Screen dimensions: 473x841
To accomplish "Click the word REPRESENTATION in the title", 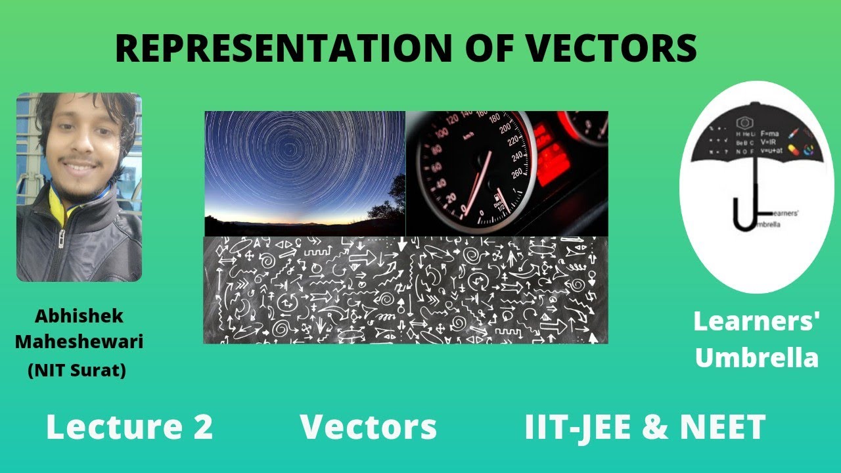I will [283, 49].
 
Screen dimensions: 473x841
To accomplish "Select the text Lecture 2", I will [129, 427].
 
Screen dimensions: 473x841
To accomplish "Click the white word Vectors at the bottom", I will [368, 427].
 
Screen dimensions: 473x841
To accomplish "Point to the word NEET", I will [722, 427].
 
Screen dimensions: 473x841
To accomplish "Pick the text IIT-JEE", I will [578, 427].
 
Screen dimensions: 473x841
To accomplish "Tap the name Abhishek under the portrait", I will [79, 317].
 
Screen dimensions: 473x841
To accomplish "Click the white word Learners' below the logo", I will [756, 322].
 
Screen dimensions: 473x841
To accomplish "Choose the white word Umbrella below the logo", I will [756, 358].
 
